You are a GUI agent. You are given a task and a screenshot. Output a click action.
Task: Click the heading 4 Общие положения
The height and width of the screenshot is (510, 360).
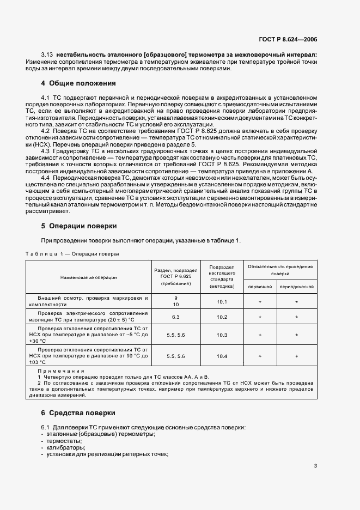(x=79, y=83)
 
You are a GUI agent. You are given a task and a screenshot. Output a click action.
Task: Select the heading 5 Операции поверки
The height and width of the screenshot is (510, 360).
(x=79, y=226)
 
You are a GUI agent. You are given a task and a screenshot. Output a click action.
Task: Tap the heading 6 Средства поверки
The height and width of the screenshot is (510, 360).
(x=78, y=413)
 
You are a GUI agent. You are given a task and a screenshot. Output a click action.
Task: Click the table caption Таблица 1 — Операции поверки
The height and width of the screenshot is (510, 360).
(x=72, y=254)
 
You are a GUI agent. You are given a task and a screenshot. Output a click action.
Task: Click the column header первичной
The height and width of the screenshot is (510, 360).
(x=260, y=286)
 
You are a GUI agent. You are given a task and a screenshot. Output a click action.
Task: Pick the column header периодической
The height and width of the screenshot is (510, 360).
(x=297, y=286)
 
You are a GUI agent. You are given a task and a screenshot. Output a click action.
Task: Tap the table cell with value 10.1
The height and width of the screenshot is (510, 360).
(x=222, y=301)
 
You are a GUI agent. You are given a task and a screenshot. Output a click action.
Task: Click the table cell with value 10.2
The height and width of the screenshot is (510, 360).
(x=222, y=317)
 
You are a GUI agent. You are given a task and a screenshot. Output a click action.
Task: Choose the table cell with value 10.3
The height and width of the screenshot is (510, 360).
(x=222, y=336)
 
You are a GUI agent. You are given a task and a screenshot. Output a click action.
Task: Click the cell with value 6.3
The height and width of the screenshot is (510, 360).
(x=176, y=317)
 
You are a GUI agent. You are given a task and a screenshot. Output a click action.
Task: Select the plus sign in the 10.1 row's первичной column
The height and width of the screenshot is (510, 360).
(x=260, y=301)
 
